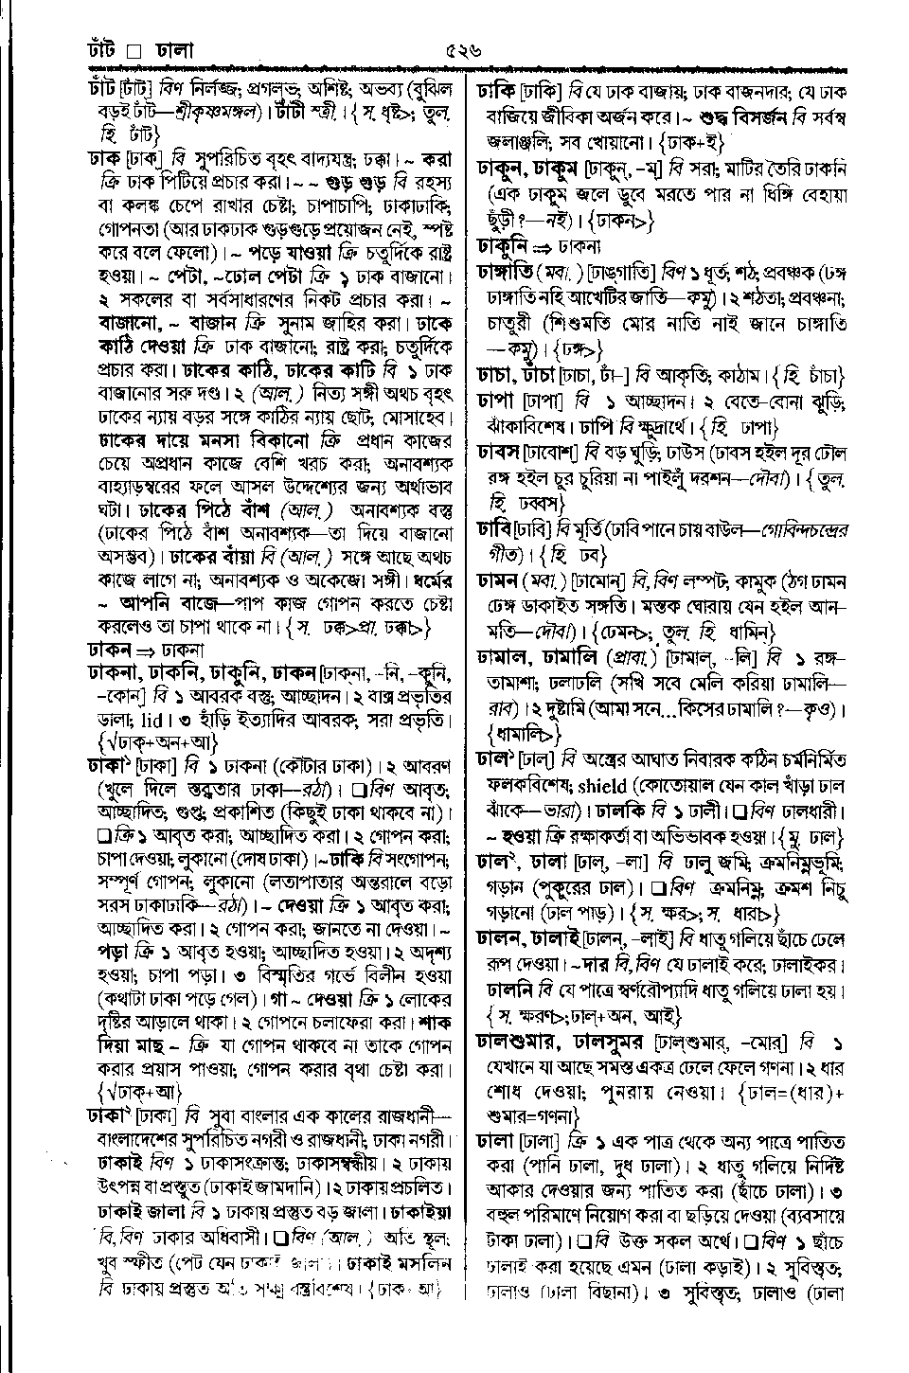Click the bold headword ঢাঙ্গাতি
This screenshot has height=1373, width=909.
[x=507, y=273]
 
